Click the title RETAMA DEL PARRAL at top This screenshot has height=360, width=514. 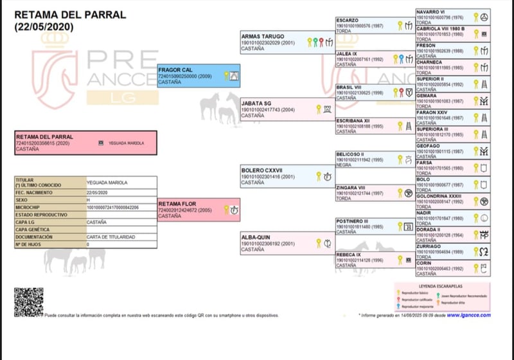(61, 15)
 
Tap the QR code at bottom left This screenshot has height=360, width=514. (28, 302)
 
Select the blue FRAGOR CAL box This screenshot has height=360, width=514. (199, 76)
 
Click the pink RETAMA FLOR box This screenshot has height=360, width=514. (199, 210)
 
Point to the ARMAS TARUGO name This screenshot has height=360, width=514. (262, 37)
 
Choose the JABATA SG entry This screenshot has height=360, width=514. (256, 104)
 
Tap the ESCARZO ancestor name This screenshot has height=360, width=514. (348, 21)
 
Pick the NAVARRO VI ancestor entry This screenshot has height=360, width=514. (430, 12)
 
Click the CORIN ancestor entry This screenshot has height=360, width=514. (424, 263)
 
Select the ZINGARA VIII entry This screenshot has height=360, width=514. (351, 188)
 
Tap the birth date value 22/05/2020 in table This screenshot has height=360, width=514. (98, 192)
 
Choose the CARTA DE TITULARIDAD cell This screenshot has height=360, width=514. (111, 237)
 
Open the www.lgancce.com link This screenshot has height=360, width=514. (469, 315)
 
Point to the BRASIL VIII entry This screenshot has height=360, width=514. (350, 87)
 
